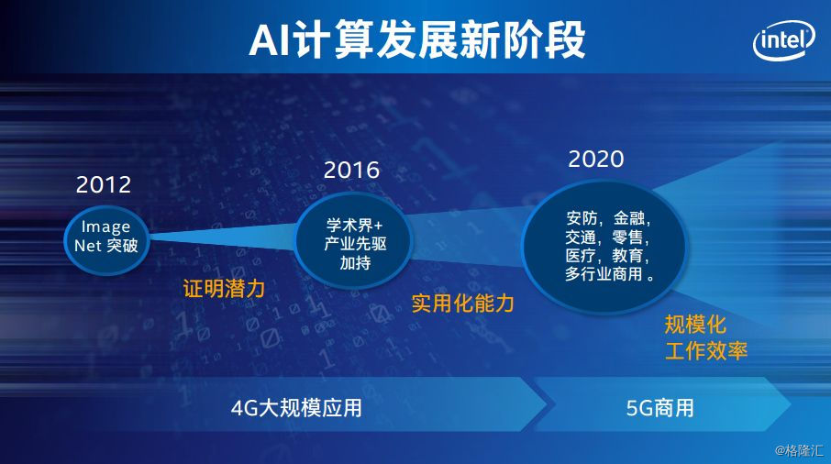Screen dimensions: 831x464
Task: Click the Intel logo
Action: pyautogui.click(x=784, y=39)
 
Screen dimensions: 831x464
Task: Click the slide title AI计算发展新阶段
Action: pyautogui.click(x=417, y=39)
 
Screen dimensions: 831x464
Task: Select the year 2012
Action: pyautogui.click(x=104, y=184)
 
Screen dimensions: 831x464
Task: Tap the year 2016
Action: pyautogui.click(x=351, y=170)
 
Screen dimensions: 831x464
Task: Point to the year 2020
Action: pyautogui.click(x=596, y=159)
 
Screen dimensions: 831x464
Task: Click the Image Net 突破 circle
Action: pyautogui.click(x=106, y=240)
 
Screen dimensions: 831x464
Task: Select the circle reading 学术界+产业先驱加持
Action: pyautogui.click(x=353, y=241)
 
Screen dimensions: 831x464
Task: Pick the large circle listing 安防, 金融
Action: pyautogui.click(x=604, y=247)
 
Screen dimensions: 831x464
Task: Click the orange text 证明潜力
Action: pyautogui.click(x=224, y=289)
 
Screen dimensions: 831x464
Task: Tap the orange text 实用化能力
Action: pyautogui.click(x=462, y=304)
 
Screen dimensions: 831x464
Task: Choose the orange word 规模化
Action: pyautogui.click(x=695, y=325)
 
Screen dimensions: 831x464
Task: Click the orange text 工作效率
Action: pyautogui.click(x=706, y=350)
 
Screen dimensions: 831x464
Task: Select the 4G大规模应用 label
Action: pyautogui.click(x=296, y=408)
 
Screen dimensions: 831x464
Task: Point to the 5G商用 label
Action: pyautogui.click(x=659, y=408)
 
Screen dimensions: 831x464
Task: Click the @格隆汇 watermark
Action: pyautogui.click(x=799, y=451)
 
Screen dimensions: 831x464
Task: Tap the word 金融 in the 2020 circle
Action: pyautogui.click(x=629, y=218)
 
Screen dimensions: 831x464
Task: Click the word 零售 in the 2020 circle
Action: pyautogui.click(x=628, y=237)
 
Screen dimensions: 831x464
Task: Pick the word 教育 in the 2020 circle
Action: pyautogui.click(x=628, y=255)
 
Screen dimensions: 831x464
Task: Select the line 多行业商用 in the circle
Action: pyautogui.click(x=604, y=274)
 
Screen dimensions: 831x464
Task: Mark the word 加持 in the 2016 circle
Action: pyautogui.click(x=355, y=262)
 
